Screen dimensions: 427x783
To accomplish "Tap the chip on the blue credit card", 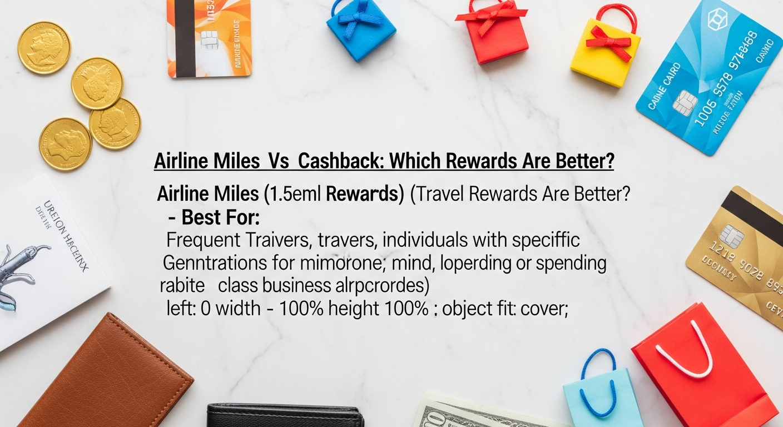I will tap(685, 102).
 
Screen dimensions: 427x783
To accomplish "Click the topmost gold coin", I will tap(44, 48).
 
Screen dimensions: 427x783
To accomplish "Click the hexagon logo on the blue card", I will tap(717, 20).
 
